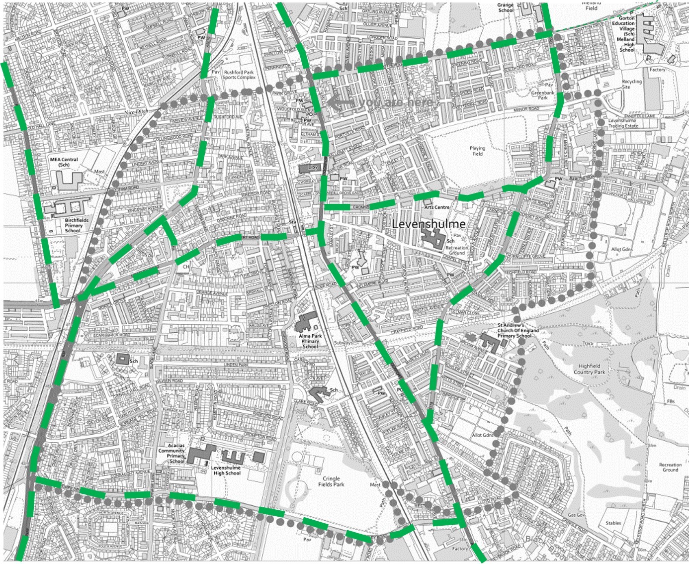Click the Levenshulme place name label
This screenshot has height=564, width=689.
[428, 224]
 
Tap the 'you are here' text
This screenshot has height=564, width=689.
[396, 102]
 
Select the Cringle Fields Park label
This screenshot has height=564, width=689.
[331, 481]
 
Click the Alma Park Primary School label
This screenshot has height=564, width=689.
[310, 341]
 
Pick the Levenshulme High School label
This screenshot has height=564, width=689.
[226, 470]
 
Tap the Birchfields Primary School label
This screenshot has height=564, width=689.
[76, 225]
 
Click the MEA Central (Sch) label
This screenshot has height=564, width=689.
[64, 162]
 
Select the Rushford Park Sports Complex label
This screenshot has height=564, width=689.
[239, 75]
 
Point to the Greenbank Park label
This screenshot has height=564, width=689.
[542, 95]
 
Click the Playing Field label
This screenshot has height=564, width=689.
[477, 151]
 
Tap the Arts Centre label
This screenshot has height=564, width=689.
[436, 207]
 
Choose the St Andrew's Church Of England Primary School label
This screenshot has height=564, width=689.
[517, 330]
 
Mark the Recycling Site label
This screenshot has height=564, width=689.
[631, 84]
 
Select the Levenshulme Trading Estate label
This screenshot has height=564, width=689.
[623, 123]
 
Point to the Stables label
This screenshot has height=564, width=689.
[613, 523]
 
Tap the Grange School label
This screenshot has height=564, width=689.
[506, 7]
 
